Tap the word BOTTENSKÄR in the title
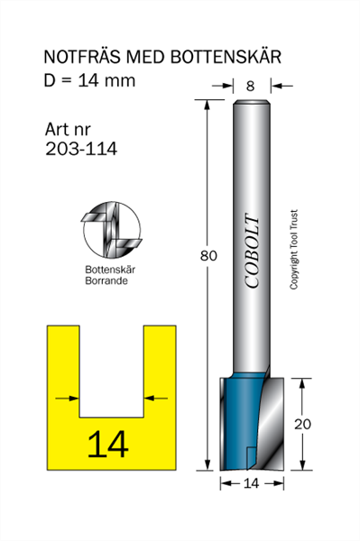[x=226, y=56]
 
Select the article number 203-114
[x=81, y=149]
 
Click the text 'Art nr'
[x=68, y=130]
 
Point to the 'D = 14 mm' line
[x=89, y=80]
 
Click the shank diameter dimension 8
[x=250, y=86]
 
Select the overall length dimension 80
[x=208, y=256]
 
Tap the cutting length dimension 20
[x=302, y=424]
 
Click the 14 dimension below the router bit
[x=251, y=483]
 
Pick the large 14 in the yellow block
[x=108, y=444]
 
